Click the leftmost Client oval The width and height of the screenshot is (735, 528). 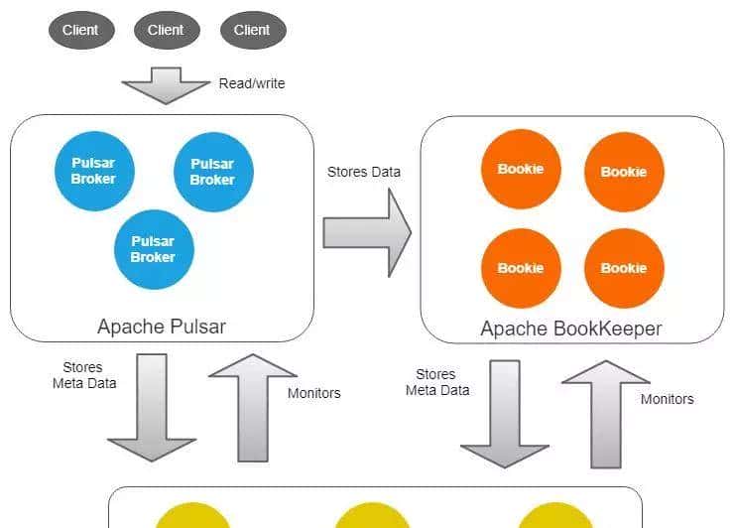pos(80,30)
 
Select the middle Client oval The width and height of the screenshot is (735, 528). pos(166,30)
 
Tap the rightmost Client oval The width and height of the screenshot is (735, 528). pos(252,30)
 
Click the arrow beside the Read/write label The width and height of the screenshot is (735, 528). pos(167,85)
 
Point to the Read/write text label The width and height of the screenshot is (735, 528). pos(252,83)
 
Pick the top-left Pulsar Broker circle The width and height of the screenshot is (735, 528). pos(93,171)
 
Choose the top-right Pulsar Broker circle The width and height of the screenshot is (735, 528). pos(212,172)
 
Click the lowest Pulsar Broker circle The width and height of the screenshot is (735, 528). pos(153,248)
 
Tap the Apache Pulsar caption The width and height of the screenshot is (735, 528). pos(162,326)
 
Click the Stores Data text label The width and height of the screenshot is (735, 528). pos(364,172)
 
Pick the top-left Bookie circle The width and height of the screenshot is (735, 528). pos(521,169)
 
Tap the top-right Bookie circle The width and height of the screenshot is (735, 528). pos(624,172)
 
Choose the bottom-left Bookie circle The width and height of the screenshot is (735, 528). pos(521,268)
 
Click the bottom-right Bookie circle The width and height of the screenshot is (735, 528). pos(624,268)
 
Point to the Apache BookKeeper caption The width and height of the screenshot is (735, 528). pos(571,328)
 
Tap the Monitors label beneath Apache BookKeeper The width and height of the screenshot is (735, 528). pos(667,399)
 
